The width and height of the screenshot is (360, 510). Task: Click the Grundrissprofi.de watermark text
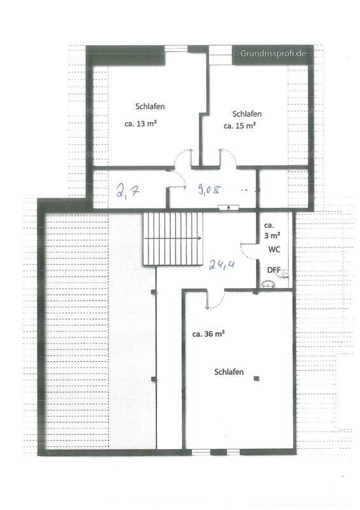[270, 54]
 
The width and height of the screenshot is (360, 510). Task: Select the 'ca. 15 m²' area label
[240, 126]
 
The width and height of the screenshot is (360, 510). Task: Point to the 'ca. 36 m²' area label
[208, 334]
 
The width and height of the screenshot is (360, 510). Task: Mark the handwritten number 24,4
[222, 265]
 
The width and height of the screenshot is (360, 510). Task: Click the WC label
[274, 249]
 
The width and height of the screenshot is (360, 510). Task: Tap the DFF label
[274, 270]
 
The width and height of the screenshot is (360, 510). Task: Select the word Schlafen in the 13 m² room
[150, 106]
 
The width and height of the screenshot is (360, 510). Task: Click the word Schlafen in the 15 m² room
[247, 114]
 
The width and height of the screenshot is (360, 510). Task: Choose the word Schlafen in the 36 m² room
[229, 372]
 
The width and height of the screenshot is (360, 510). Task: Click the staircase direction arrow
[173, 238]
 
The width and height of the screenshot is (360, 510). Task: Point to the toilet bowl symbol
[282, 273]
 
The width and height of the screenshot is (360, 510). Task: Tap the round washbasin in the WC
[268, 284]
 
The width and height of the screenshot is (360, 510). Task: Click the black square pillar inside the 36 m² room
[257, 378]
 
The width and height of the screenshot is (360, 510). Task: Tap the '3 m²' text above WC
[272, 235]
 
